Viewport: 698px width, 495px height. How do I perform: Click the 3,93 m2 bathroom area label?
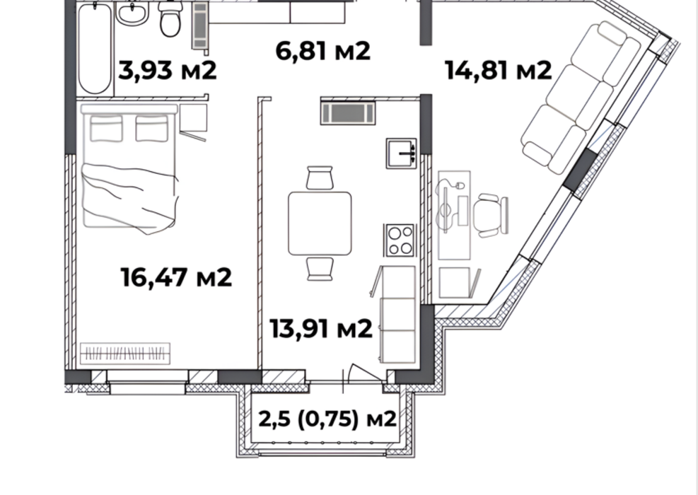pos(167,71)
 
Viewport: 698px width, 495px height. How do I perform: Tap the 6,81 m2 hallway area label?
pos(322,51)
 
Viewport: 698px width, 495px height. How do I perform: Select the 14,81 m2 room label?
pos(497,70)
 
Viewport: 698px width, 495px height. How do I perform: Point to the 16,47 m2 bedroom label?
pos(176,277)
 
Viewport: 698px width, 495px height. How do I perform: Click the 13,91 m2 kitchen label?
pos(321,328)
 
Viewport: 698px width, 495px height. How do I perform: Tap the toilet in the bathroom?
pos(170,20)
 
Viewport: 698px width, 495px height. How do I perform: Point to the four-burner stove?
pos(400,240)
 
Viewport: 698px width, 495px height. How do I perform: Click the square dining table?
pos(320,223)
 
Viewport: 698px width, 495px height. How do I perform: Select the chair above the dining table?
pos(320,177)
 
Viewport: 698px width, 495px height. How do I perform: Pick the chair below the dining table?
pos(320,268)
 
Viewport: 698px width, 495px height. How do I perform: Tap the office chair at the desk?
pos(491,214)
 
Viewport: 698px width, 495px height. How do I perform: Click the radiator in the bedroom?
pos(125,351)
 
